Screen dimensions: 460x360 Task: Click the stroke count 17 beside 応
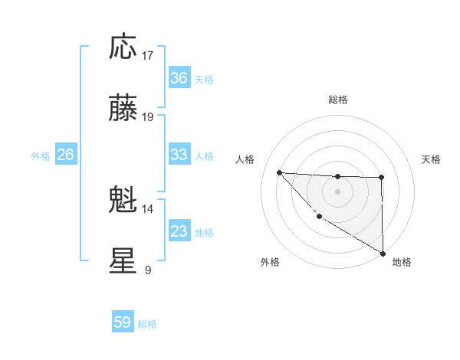(x=148, y=56)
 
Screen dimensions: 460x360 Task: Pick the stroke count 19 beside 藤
(x=148, y=117)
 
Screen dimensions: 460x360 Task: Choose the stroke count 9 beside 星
(x=148, y=270)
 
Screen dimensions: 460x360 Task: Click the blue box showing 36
(x=179, y=78)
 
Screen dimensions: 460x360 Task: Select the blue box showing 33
(x=179, y=155)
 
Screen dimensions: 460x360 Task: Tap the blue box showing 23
(x=179, y=231)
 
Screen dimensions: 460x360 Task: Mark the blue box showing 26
(x=66, y=155)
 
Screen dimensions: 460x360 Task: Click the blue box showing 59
(x=123, y=322)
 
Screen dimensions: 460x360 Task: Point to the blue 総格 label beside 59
(x=148, y=324)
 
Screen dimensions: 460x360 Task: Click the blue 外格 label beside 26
(x=41, y=156)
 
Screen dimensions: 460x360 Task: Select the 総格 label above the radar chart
(x=338, y=100)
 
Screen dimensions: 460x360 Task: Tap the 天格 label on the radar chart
(x=432, y=159)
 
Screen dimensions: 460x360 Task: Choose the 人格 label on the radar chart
(x=245, y=159)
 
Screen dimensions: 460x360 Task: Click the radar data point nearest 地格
(x=383, y=254)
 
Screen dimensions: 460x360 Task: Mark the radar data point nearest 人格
(x=279, y=172)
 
